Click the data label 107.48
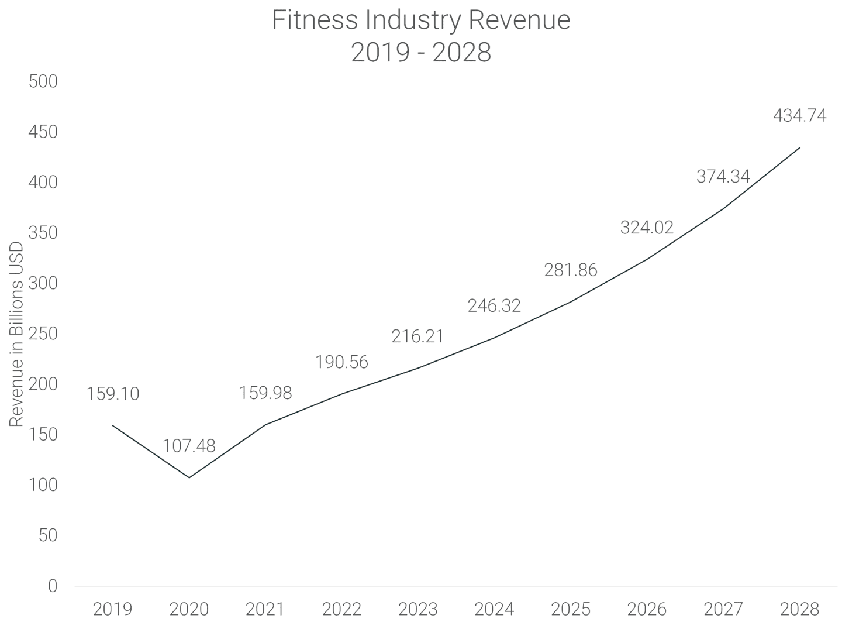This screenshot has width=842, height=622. point(189,446)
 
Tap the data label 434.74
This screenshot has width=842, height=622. point(799,116)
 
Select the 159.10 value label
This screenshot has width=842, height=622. point(113,394)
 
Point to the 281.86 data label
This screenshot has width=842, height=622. point(571,270)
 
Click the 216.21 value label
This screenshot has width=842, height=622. point(417,336)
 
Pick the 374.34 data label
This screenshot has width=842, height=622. point(723,176)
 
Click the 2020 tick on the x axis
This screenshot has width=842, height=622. point(189,609)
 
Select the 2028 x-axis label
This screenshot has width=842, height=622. point(799,609)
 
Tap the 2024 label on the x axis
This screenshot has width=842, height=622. point(494,609)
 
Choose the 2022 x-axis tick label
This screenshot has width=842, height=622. point(341,609)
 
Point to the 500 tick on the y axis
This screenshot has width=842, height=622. point(43,81)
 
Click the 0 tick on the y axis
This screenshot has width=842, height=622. point(53,586)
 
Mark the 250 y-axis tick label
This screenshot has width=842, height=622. point(43,334)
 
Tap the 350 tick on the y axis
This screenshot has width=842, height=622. point(43,233)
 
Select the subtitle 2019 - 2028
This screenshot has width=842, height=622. point(420,53)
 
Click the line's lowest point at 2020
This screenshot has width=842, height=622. point(189,477)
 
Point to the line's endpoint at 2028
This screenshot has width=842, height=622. point(799,147)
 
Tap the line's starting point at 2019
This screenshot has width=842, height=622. point(113,425)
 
